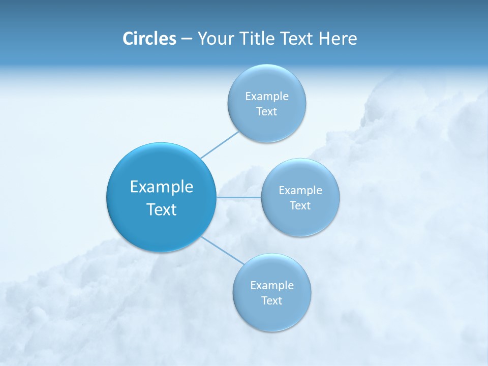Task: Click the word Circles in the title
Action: pos(149,39)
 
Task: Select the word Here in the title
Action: pos(338,39)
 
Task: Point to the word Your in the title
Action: pos(215,39)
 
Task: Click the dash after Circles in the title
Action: pos(186,39)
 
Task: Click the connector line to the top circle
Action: pos(220,145)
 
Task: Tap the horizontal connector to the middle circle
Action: pos(238,197)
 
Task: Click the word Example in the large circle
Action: pos(162,187)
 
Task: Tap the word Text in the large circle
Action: pos(162,209)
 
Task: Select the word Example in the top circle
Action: pos(267,96)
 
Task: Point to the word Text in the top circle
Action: pos(266,111)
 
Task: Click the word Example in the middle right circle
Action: pos(300,190)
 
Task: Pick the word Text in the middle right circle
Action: pos(300,205)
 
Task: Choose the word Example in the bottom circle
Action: pos(272,285)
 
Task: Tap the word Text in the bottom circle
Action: pos(271,300)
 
